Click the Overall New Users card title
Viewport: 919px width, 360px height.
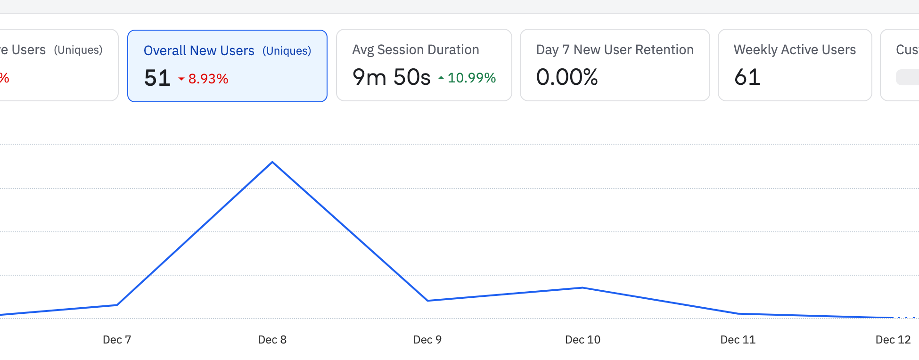pyautogui.click(x=199, y=50)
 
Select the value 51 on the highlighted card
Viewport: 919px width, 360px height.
pyautogui.click(x=157, y=78)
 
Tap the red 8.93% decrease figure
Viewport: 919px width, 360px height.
pyautogui.click(x=208, y=79)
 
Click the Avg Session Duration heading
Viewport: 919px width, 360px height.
pyautogui.click(x=415, y=49)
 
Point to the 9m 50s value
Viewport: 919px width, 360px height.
pyautogui.click(x=391, y=77)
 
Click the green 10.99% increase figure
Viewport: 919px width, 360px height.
pyautogui.click(x=471, y=78)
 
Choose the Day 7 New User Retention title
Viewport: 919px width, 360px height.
pyautogui.click(x=615, y=49)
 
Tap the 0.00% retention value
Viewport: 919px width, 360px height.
pyautogui.click(x=567, y=77)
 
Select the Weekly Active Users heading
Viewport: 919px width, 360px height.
pyautogui.click(x=795, y=49)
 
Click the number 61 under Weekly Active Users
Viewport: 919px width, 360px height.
pyautogui.click(x=747, y=77)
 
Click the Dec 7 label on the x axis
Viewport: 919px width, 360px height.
pyautogui.click(x=117, y=340)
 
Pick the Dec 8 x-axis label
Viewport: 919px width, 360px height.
pyautogui.click(x=272, y=340)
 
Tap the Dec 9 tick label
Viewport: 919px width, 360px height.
pyautogui.click(x=427, y=340)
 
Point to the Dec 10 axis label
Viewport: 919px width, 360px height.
pyautogui.click(x=583, y=340)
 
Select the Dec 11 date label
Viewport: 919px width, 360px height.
pyautogui.click(x=738, y=340)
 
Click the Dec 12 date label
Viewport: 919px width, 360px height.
pyautogui.click(x=893, y=340)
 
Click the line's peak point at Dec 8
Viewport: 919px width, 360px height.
pyautogui.click(x=272, y=162)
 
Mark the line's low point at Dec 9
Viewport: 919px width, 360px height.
pyautogui.click(x=427, y=301)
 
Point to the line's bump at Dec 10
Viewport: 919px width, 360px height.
pyautogui.click(x=583, y=287)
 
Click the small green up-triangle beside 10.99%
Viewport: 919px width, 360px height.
pyautogui.click(x=441, y=78)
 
